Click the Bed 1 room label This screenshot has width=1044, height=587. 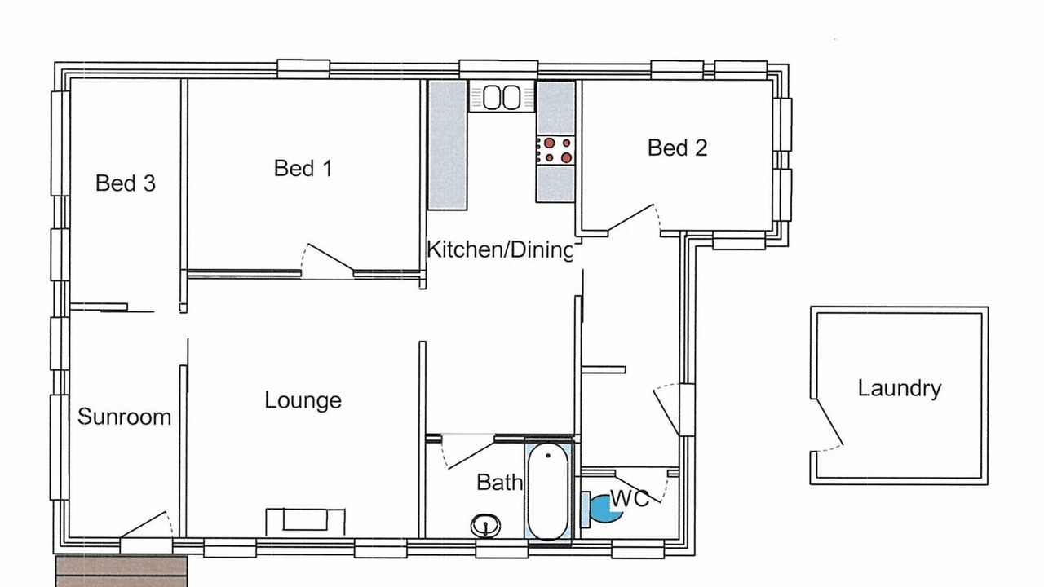pos(303,168)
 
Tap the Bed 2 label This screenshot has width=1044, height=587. pos(677,148)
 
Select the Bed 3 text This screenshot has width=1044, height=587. pos(126,183)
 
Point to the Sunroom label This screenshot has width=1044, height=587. pos(125,417)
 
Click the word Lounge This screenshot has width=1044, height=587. pos(303,400)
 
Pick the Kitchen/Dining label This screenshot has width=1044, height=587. pos(500,249)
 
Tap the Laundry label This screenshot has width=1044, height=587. pos(900,389)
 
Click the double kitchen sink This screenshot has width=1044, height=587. pos(502,96)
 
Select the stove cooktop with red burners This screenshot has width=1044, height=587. pos(555,150)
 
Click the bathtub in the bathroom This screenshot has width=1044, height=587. pos(549,491)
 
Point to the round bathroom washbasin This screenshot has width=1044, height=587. pos(485,526)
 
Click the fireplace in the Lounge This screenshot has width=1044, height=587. pos(305,522)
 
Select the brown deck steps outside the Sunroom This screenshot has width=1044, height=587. pos(122,572)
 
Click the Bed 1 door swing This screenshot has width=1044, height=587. pos(328,261)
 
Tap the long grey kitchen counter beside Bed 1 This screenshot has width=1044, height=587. pos(448,145)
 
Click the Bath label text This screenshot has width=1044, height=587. pos(499,483)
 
